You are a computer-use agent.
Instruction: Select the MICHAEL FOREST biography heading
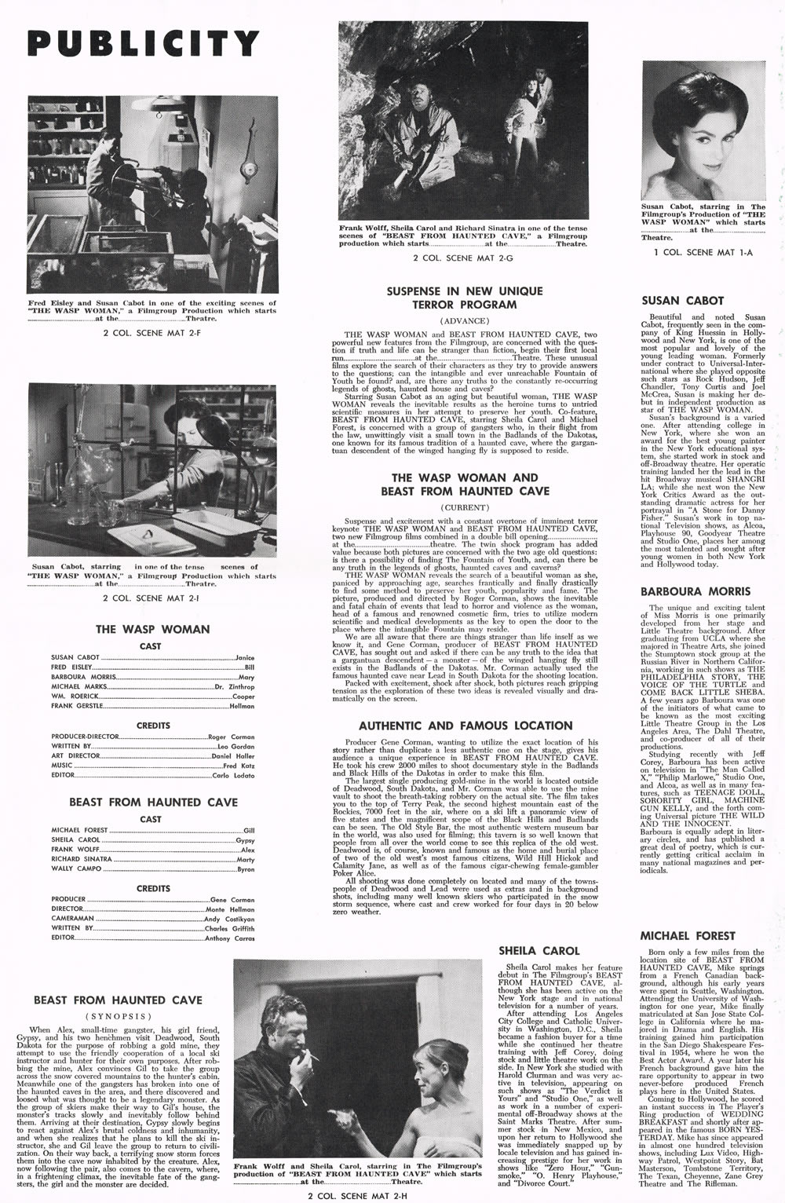tap(688, 935)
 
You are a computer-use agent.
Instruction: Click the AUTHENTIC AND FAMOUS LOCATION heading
tap(466, 726)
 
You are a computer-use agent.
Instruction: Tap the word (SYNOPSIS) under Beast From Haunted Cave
tap(118, 1015)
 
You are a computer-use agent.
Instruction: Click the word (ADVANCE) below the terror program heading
tap(465, 321)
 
